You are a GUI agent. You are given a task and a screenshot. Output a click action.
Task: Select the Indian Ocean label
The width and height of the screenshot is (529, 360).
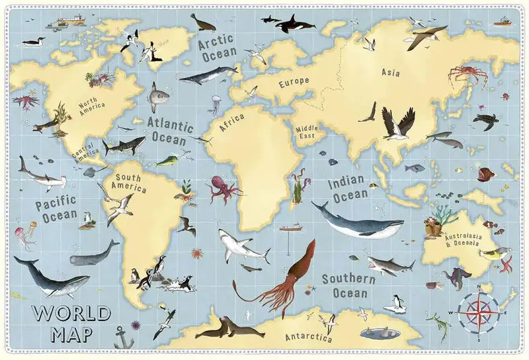(350, 188)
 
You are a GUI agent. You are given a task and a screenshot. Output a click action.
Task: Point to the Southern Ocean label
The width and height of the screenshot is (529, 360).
(345, 285)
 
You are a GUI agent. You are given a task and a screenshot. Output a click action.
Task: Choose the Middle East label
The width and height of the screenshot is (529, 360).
(306, 132)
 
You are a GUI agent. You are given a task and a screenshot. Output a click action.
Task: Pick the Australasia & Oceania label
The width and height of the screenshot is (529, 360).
(465, 240)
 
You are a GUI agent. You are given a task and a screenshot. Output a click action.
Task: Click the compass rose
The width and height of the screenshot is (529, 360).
(479, 310)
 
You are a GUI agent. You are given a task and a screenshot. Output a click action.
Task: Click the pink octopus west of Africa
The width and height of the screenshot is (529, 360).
(224, 190)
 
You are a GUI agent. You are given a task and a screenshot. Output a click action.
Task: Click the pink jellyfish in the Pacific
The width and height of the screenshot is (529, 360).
(24, 236)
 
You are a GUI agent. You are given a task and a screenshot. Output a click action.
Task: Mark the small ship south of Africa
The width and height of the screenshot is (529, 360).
(290, 228)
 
